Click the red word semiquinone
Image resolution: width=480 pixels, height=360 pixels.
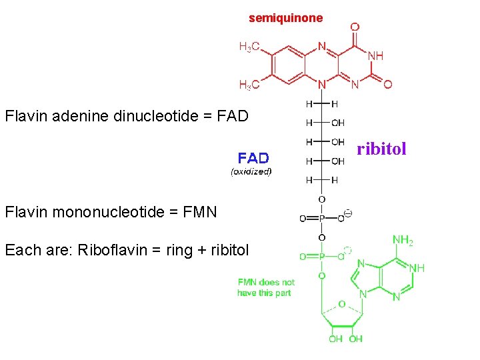285,18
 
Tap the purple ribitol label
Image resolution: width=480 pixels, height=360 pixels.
381,149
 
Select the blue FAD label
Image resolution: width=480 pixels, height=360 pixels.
253,158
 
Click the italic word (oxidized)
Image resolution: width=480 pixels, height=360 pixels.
251,171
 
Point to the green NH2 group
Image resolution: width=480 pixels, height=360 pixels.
402,240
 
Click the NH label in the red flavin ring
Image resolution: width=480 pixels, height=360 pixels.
375,55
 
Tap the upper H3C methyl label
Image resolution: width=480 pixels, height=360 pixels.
249,47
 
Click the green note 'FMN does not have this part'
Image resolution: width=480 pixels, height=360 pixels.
266,287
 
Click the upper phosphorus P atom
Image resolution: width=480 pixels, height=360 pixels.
321,218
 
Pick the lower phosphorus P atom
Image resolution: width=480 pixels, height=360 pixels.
321,256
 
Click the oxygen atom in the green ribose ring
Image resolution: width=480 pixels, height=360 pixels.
341,303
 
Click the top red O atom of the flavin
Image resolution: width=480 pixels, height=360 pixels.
355,27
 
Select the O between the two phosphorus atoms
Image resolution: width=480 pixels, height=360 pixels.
321,237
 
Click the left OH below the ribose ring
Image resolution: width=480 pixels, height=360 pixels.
335,339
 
